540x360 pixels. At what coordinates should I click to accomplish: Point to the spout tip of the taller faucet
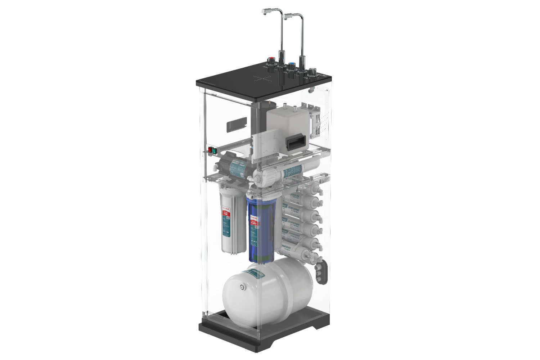(x=264, y=13)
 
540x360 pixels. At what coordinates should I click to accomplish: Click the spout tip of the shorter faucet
(x=285, y=18)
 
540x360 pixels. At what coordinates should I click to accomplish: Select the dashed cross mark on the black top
(x=262, y=78)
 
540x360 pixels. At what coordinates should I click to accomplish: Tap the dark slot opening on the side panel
(x=237, y=123)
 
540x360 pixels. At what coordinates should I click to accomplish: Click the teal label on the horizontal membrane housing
(x=292, y=173)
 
